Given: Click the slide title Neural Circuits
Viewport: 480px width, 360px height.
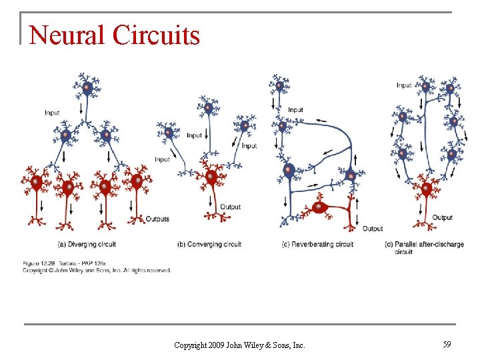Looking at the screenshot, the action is [x=115, y=35].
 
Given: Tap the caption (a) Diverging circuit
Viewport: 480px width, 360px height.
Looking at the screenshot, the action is [x=87, y=244].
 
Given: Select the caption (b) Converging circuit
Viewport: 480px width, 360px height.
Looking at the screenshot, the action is [x=209, y=244].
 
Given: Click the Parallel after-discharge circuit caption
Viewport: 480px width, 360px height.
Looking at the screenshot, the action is [x=424, y=247].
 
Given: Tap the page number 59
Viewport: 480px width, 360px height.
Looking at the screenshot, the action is [x=447, y=344].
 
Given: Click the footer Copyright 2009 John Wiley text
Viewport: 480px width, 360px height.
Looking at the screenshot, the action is [x=239, y=345].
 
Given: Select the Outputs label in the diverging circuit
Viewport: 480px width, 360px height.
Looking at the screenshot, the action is [x=157, y=219].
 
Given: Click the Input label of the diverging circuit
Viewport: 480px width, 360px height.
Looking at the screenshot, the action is [x=52, y=113].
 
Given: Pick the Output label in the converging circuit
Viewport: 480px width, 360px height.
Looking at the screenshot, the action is [x=230, y=207].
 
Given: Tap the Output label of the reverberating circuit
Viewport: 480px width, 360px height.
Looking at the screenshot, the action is [x=372, y=229].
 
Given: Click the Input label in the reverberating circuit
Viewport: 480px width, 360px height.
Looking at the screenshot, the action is [x=295, y=110].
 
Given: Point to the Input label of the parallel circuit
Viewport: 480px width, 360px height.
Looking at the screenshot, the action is [x=404, y=85].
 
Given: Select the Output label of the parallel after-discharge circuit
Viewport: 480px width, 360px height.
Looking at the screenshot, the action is [x=442, y=217].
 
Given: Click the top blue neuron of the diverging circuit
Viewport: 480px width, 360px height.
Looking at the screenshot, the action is [x=86, y=86].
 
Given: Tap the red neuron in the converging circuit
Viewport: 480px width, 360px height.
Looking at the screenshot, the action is [x=211, y=177].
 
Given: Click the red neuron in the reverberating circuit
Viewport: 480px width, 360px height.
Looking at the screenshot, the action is [x=320, y=207].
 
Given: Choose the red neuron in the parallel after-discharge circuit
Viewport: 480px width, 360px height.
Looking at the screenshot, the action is [x=425, y=189].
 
